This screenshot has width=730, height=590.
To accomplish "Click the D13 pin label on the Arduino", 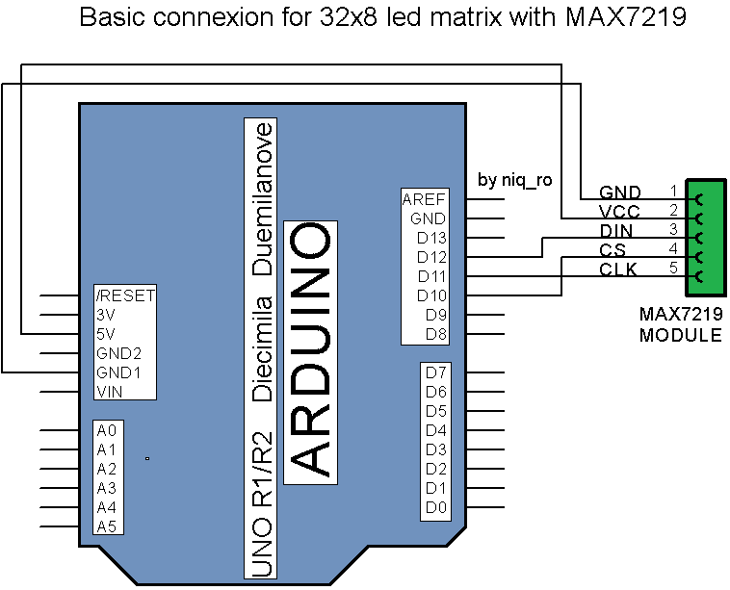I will [431, 238].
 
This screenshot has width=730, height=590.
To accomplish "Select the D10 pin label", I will [431, 295].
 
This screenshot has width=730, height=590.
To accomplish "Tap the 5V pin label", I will [107, 334].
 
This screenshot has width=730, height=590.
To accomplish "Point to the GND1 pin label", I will [119, 372].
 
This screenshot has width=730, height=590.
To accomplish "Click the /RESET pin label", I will [125, 295].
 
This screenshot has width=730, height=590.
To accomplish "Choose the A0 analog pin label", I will [107, 430].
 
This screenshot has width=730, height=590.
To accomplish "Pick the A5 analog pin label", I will [107, 526].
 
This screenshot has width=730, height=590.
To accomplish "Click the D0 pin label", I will [436, 507].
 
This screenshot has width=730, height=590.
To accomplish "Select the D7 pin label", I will [436, 372].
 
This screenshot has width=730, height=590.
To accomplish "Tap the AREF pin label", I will [425, 199].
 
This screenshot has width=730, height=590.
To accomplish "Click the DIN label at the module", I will [616, 231].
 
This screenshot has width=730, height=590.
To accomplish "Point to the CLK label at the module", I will [617, 270].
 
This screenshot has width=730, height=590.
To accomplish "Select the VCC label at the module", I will [618, 212].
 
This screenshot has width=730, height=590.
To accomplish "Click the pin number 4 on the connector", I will [673, 248].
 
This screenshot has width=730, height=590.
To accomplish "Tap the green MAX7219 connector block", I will [704, 237].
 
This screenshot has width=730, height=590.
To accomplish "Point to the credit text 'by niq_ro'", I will [514, 180].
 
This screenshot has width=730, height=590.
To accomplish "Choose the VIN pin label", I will [109, 391].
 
